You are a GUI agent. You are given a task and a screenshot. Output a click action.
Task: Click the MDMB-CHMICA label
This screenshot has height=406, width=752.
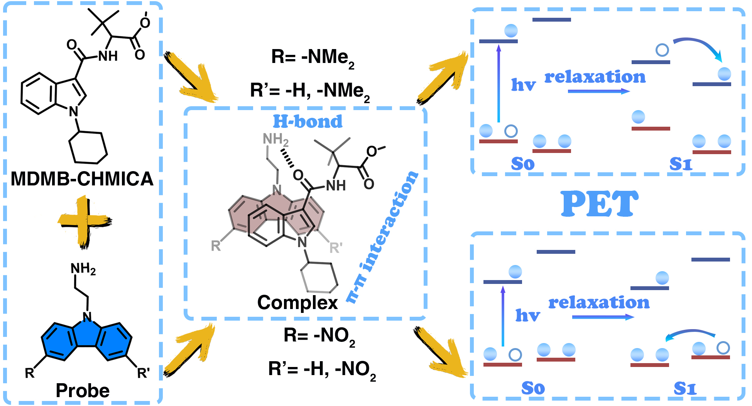pos(82,179)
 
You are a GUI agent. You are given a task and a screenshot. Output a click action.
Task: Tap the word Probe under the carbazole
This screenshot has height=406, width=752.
pos(83,391)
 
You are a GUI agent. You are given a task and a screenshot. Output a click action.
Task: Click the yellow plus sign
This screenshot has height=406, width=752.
pos(84,221)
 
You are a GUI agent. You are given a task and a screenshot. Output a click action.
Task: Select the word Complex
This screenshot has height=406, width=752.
pos(297,302)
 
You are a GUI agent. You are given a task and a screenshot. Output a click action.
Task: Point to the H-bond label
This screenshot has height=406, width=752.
pos(308,122)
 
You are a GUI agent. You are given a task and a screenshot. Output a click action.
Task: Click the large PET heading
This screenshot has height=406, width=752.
pos(599,204)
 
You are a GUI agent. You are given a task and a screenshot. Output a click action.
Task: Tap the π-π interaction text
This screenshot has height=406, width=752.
pos(382,236)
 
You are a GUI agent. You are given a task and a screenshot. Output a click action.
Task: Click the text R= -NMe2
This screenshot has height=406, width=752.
pos(313,58)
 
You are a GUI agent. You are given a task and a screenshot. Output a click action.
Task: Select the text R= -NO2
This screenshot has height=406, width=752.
pos(319,336)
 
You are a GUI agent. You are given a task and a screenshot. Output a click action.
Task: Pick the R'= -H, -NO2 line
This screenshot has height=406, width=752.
pos(322,370)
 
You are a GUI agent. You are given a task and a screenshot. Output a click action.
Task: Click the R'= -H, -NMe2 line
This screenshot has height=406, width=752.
pos(310,91)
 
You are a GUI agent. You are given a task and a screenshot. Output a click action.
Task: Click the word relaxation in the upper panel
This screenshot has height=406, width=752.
pos(595,77)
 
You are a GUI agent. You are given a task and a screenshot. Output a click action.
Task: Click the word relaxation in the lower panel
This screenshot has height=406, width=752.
pos(599,302)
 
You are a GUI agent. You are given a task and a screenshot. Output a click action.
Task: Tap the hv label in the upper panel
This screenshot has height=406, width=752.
pos(524,85)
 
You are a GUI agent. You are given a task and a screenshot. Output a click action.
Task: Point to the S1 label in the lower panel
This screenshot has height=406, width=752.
pos(685,389)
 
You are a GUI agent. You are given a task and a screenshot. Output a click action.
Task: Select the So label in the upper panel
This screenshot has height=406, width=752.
pos(523,164)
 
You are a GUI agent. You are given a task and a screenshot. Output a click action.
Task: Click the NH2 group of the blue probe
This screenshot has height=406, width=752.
pos(83,269)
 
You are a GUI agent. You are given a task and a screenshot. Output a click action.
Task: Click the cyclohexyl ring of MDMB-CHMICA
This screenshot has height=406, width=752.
pos(88,148)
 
